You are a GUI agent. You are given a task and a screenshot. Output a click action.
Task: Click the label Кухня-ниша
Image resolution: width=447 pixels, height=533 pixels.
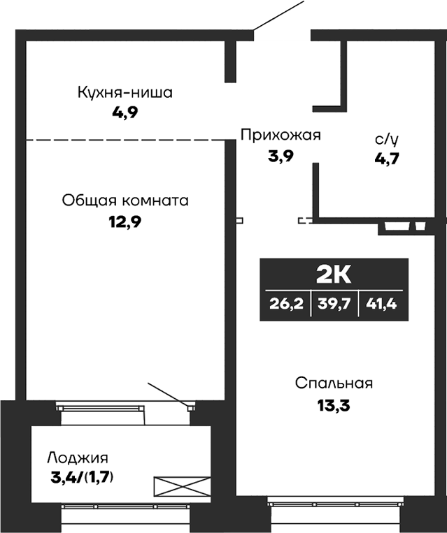click(125, 92)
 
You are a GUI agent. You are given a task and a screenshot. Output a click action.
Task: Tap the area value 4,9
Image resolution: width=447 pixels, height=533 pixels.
click(125, 113)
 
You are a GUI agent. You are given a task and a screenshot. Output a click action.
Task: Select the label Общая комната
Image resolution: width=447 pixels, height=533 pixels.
click(125, 201)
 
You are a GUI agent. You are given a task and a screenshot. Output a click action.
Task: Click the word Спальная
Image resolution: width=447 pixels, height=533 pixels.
click(334, 383)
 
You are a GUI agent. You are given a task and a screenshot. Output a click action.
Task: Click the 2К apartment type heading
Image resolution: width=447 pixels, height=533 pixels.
click(333, 275)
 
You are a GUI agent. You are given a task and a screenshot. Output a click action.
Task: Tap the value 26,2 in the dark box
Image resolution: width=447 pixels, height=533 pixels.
click(284, 304)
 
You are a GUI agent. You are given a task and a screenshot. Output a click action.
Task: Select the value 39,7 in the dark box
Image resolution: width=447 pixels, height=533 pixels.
click(333, 304)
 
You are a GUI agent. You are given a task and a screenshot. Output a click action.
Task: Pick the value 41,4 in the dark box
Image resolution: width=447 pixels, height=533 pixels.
click(382, 304)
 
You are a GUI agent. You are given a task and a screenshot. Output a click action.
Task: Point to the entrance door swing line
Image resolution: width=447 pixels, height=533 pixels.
click(278, 16)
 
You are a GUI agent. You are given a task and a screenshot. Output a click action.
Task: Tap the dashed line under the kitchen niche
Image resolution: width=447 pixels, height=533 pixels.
click(126, 140)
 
